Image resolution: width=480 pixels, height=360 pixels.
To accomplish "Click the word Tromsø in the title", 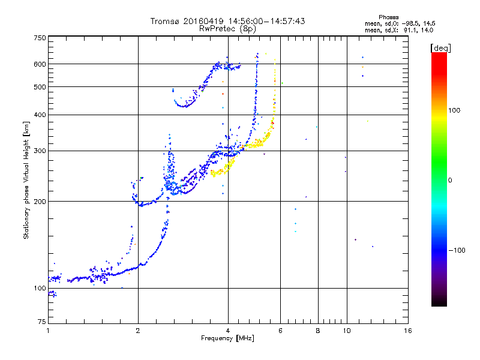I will [166, 22].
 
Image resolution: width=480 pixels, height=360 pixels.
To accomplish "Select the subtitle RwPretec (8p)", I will [228, 28].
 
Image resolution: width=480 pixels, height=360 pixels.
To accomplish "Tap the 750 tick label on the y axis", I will [40, 38].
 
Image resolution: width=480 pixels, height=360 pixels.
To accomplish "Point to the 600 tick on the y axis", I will [40, 64].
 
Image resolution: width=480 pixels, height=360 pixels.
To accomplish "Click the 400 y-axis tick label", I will [40, 115].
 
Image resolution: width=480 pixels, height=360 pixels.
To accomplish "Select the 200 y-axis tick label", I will [40, 201].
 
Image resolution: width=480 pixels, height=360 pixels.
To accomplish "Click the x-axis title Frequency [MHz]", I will [228, 339].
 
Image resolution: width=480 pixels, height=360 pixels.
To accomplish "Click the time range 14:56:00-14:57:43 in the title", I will [267, 22].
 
